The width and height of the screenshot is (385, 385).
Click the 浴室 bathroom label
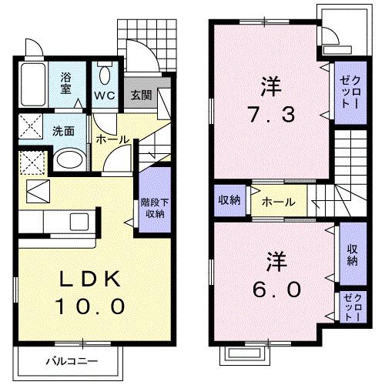point(66,82)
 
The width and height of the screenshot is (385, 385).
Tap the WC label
point(105,96)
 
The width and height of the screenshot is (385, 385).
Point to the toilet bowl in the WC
point(105,74)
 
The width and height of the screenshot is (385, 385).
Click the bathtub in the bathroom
point(34,85)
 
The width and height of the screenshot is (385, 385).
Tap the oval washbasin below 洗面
point(68,160)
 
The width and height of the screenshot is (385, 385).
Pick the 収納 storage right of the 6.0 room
point(351,255)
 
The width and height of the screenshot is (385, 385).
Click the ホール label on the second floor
point(275,203)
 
